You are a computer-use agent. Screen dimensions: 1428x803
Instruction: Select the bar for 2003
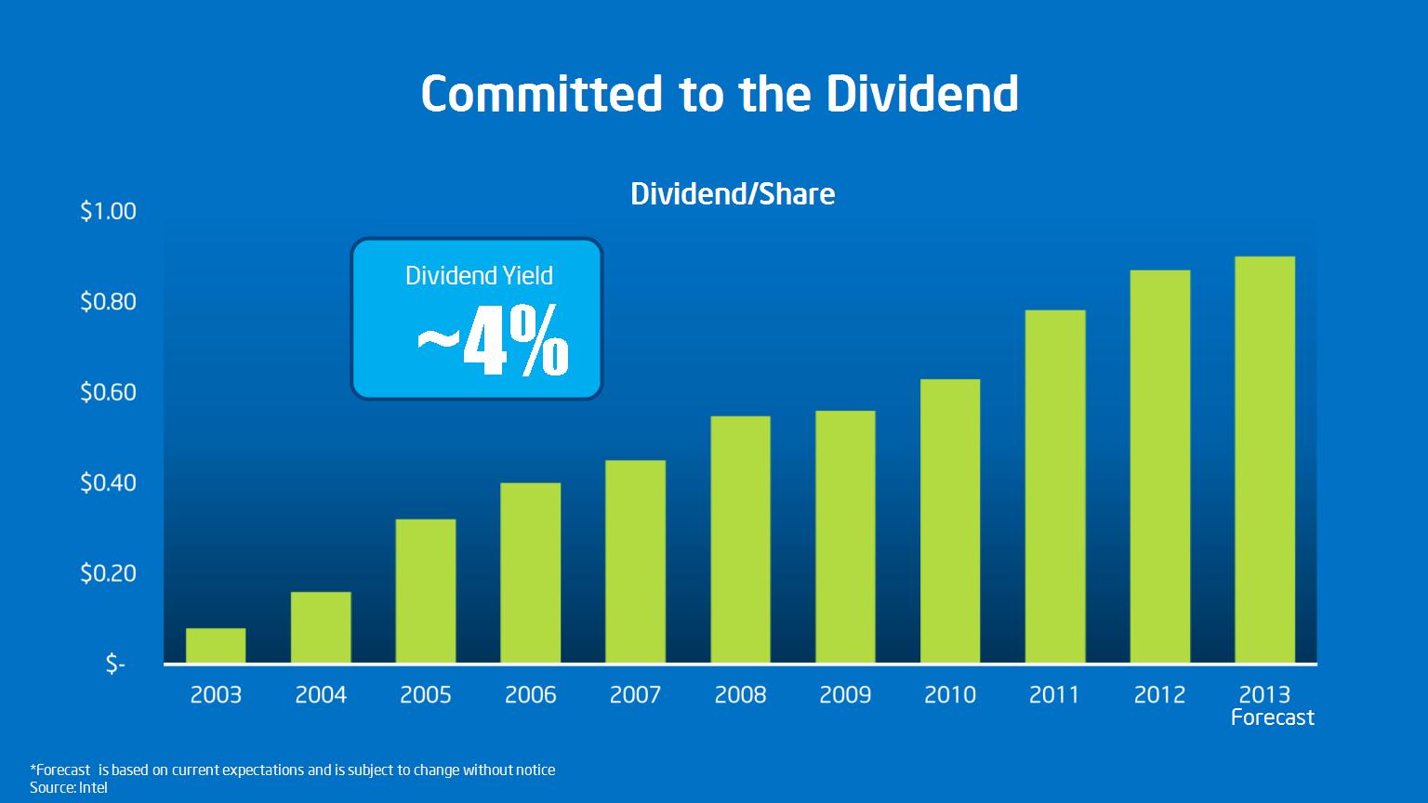coord(216,646)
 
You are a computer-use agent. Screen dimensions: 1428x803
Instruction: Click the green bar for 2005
coord(425,591)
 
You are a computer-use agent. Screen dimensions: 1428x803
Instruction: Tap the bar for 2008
coord(740,540)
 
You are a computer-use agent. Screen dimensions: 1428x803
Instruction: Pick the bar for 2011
coord(1055,487)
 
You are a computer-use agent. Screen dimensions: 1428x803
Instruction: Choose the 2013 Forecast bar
coord(1264,460)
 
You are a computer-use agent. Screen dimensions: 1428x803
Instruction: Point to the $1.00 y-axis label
coord(109,211)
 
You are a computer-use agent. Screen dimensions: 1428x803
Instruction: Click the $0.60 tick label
coord(109,392)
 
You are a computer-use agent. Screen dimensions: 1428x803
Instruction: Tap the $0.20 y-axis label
coord(109,573)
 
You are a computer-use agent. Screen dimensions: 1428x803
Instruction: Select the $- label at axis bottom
coord(115,665)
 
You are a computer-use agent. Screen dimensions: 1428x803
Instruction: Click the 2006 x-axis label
coord(531,694)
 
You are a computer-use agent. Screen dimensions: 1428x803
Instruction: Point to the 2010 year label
coord(950,694)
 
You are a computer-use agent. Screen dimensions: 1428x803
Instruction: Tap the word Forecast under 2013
coord(1273,717)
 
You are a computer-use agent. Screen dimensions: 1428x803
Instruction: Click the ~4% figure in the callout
coord(492,341)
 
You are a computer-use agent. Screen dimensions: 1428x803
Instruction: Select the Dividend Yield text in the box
coord(479,276)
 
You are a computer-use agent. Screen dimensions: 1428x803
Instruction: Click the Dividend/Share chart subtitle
coord(733,194)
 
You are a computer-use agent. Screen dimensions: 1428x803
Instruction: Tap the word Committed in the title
coord(542,94)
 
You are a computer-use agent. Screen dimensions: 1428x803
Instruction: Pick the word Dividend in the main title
coord(922,94)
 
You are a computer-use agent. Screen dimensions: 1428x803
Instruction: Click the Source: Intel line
coord(69,788)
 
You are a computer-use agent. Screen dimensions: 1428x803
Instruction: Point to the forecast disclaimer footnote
coord(293,770)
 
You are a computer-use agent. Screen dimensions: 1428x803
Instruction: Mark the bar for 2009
coord(845,537)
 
